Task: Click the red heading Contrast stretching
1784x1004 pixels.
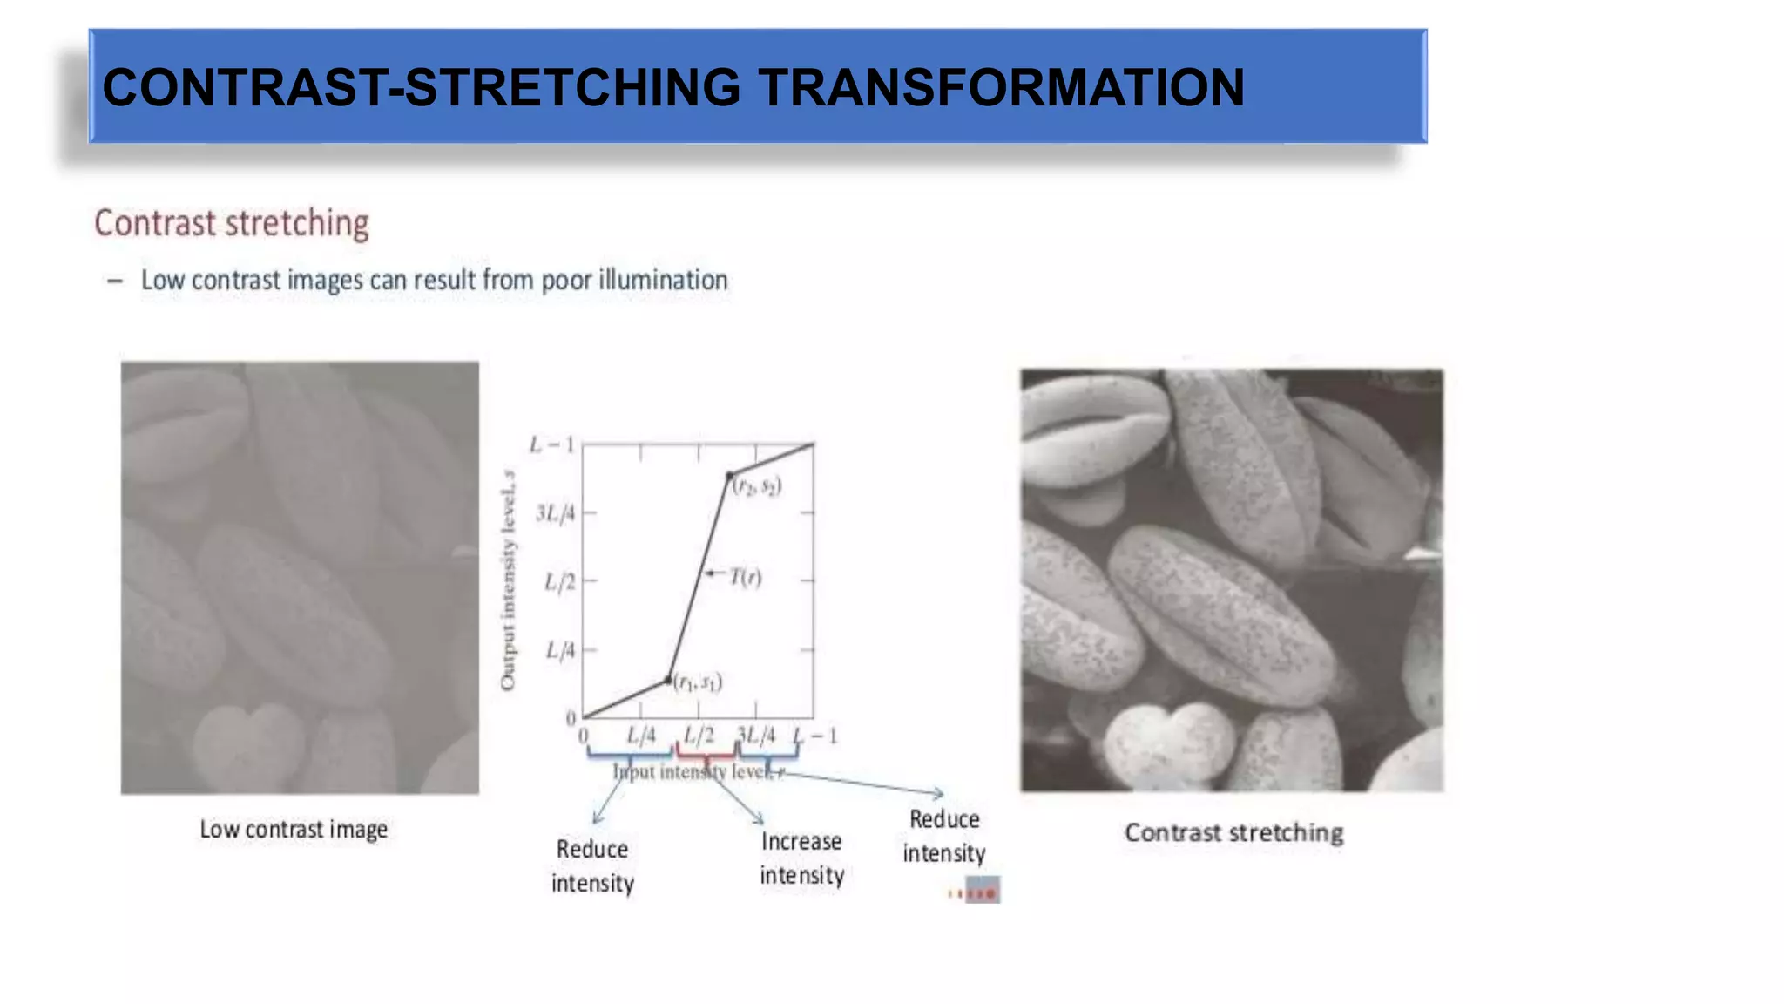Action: [x=232, y=223]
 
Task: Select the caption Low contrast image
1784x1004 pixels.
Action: [x=294, y=829]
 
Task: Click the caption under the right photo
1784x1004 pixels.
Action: [x=1233, y=833]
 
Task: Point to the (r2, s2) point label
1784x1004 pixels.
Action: [x=756, y=486]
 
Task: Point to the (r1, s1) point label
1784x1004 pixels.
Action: [x=698, y=682]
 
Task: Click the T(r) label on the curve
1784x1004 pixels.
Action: [x=745, y=577]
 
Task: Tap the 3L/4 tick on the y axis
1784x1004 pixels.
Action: [x=556, y=513]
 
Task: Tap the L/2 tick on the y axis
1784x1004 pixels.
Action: [x=560, y=581]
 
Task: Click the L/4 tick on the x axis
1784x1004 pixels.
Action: [x=641, y=736]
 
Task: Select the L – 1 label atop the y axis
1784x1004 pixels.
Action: [x=552, y=445]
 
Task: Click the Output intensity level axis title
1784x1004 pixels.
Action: [x=508, y=580]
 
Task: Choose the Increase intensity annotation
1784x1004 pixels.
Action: [x=801, y=858]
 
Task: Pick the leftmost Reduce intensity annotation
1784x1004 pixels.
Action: [x=592, y=866]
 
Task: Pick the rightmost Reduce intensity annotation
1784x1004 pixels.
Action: [x=944, y=836]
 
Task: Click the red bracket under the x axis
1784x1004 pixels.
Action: [x=706, y=752]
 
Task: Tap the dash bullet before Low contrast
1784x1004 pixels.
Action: [x=114, y=281]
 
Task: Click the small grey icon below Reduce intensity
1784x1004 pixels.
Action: [x=982, y=891]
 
